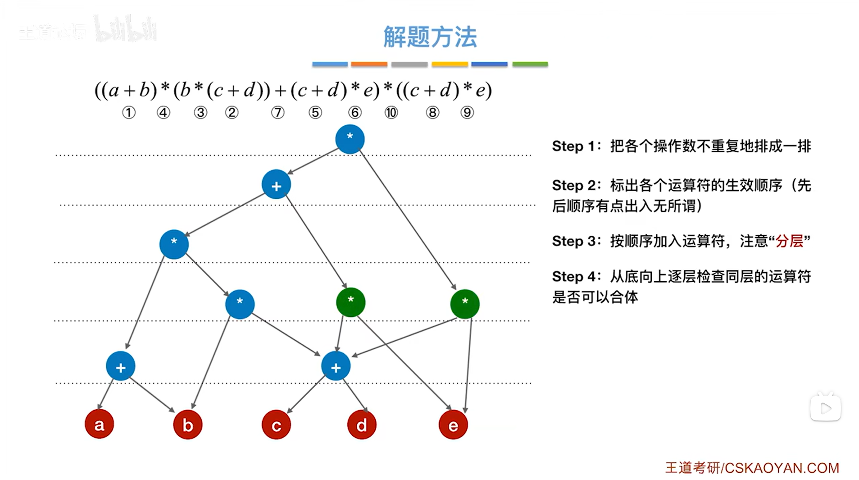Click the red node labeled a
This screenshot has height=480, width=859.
99,424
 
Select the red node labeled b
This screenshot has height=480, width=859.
187,425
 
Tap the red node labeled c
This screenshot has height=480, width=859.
276,425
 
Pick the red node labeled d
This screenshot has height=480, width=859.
361,425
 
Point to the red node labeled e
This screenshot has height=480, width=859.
453,425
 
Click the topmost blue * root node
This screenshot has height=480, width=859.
350,139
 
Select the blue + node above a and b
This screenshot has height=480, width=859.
120,366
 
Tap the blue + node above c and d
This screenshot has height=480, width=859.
336,366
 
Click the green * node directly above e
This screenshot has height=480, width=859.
464,304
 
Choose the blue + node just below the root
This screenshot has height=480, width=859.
276,184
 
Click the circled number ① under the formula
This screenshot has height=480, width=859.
129,112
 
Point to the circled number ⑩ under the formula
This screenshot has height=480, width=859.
391,112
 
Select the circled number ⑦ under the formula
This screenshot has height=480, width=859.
277,112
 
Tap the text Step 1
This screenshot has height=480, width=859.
574,146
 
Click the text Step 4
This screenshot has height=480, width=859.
574,276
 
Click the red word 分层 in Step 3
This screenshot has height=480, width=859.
789,241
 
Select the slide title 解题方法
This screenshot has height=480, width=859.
430,37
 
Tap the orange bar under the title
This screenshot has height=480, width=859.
369,64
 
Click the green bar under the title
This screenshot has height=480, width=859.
530,64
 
